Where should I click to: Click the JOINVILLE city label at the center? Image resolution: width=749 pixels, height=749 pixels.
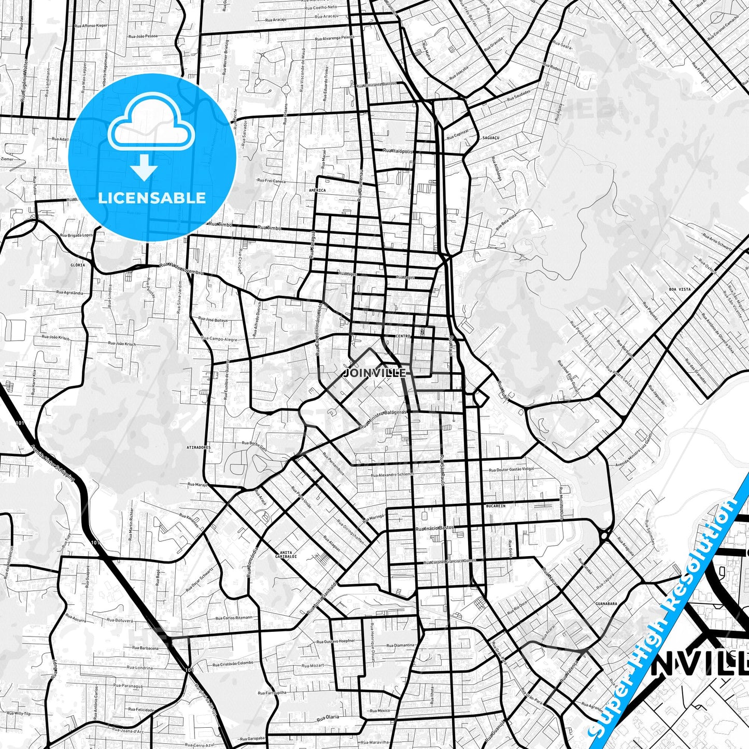pos(375,373)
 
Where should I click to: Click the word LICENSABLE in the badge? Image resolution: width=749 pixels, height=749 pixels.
pos(152,197)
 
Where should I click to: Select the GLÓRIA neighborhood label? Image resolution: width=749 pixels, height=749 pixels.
pos(78,265)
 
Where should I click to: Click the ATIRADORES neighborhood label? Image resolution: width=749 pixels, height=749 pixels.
pos(199,446)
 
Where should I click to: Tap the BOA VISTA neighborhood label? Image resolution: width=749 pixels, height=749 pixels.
pos(680,289)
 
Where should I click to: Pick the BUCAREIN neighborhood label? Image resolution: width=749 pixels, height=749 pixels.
pos(496,505)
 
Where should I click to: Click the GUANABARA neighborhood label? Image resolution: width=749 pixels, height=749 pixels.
pos(606,603)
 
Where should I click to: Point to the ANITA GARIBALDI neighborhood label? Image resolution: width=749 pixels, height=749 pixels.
pos(288,554)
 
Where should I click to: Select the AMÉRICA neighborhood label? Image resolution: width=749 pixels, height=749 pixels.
pos(317,190)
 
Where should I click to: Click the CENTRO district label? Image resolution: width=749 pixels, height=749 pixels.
pos(403,336)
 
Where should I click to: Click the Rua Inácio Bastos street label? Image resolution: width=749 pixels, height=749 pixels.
pos(434,528)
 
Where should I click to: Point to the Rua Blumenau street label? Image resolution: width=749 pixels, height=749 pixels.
pos(359,184)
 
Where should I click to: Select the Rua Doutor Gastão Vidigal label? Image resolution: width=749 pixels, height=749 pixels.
pos(511,469)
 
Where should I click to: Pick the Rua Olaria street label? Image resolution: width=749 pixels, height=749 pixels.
pos(328,717)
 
